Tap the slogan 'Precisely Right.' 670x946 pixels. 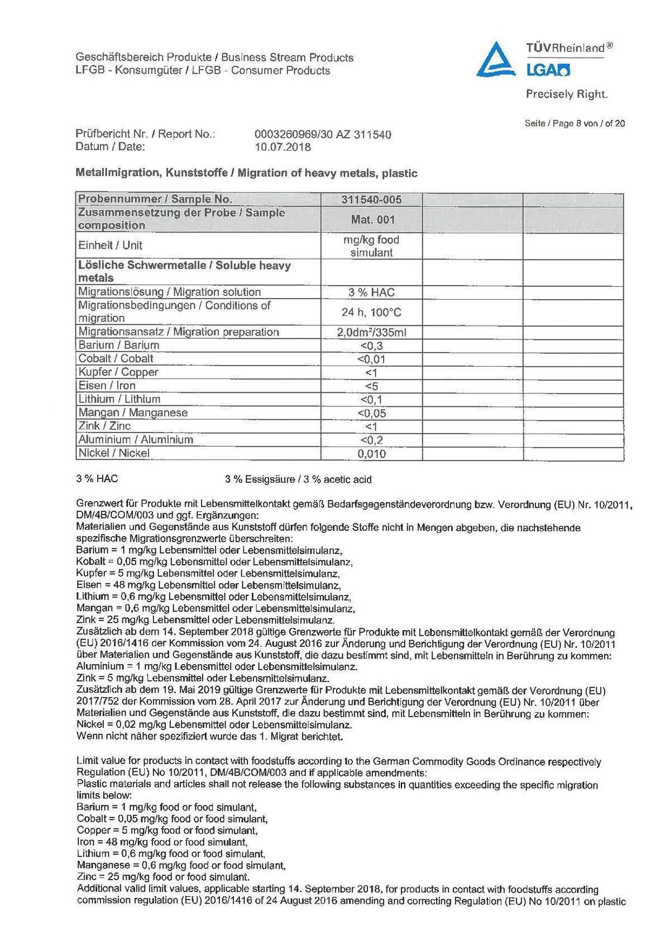566,94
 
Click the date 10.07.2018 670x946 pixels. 283,147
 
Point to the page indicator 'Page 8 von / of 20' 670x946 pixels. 575,123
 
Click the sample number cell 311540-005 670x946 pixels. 371,199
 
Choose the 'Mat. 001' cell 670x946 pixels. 372,219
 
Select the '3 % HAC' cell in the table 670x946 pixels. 371,292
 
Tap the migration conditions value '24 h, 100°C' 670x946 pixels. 371,312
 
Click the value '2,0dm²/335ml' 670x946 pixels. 371,333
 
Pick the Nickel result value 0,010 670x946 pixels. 371,454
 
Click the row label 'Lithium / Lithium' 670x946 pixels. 119,399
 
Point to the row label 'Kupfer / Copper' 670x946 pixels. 118,372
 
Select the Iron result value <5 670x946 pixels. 371,386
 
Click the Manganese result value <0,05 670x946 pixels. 371,414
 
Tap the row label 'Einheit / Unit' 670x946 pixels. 111,246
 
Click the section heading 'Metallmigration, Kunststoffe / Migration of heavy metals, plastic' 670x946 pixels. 246,173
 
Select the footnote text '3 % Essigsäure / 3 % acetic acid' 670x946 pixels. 298,479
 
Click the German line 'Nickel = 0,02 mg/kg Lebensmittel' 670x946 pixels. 214,725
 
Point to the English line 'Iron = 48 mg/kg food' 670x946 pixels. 162,842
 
